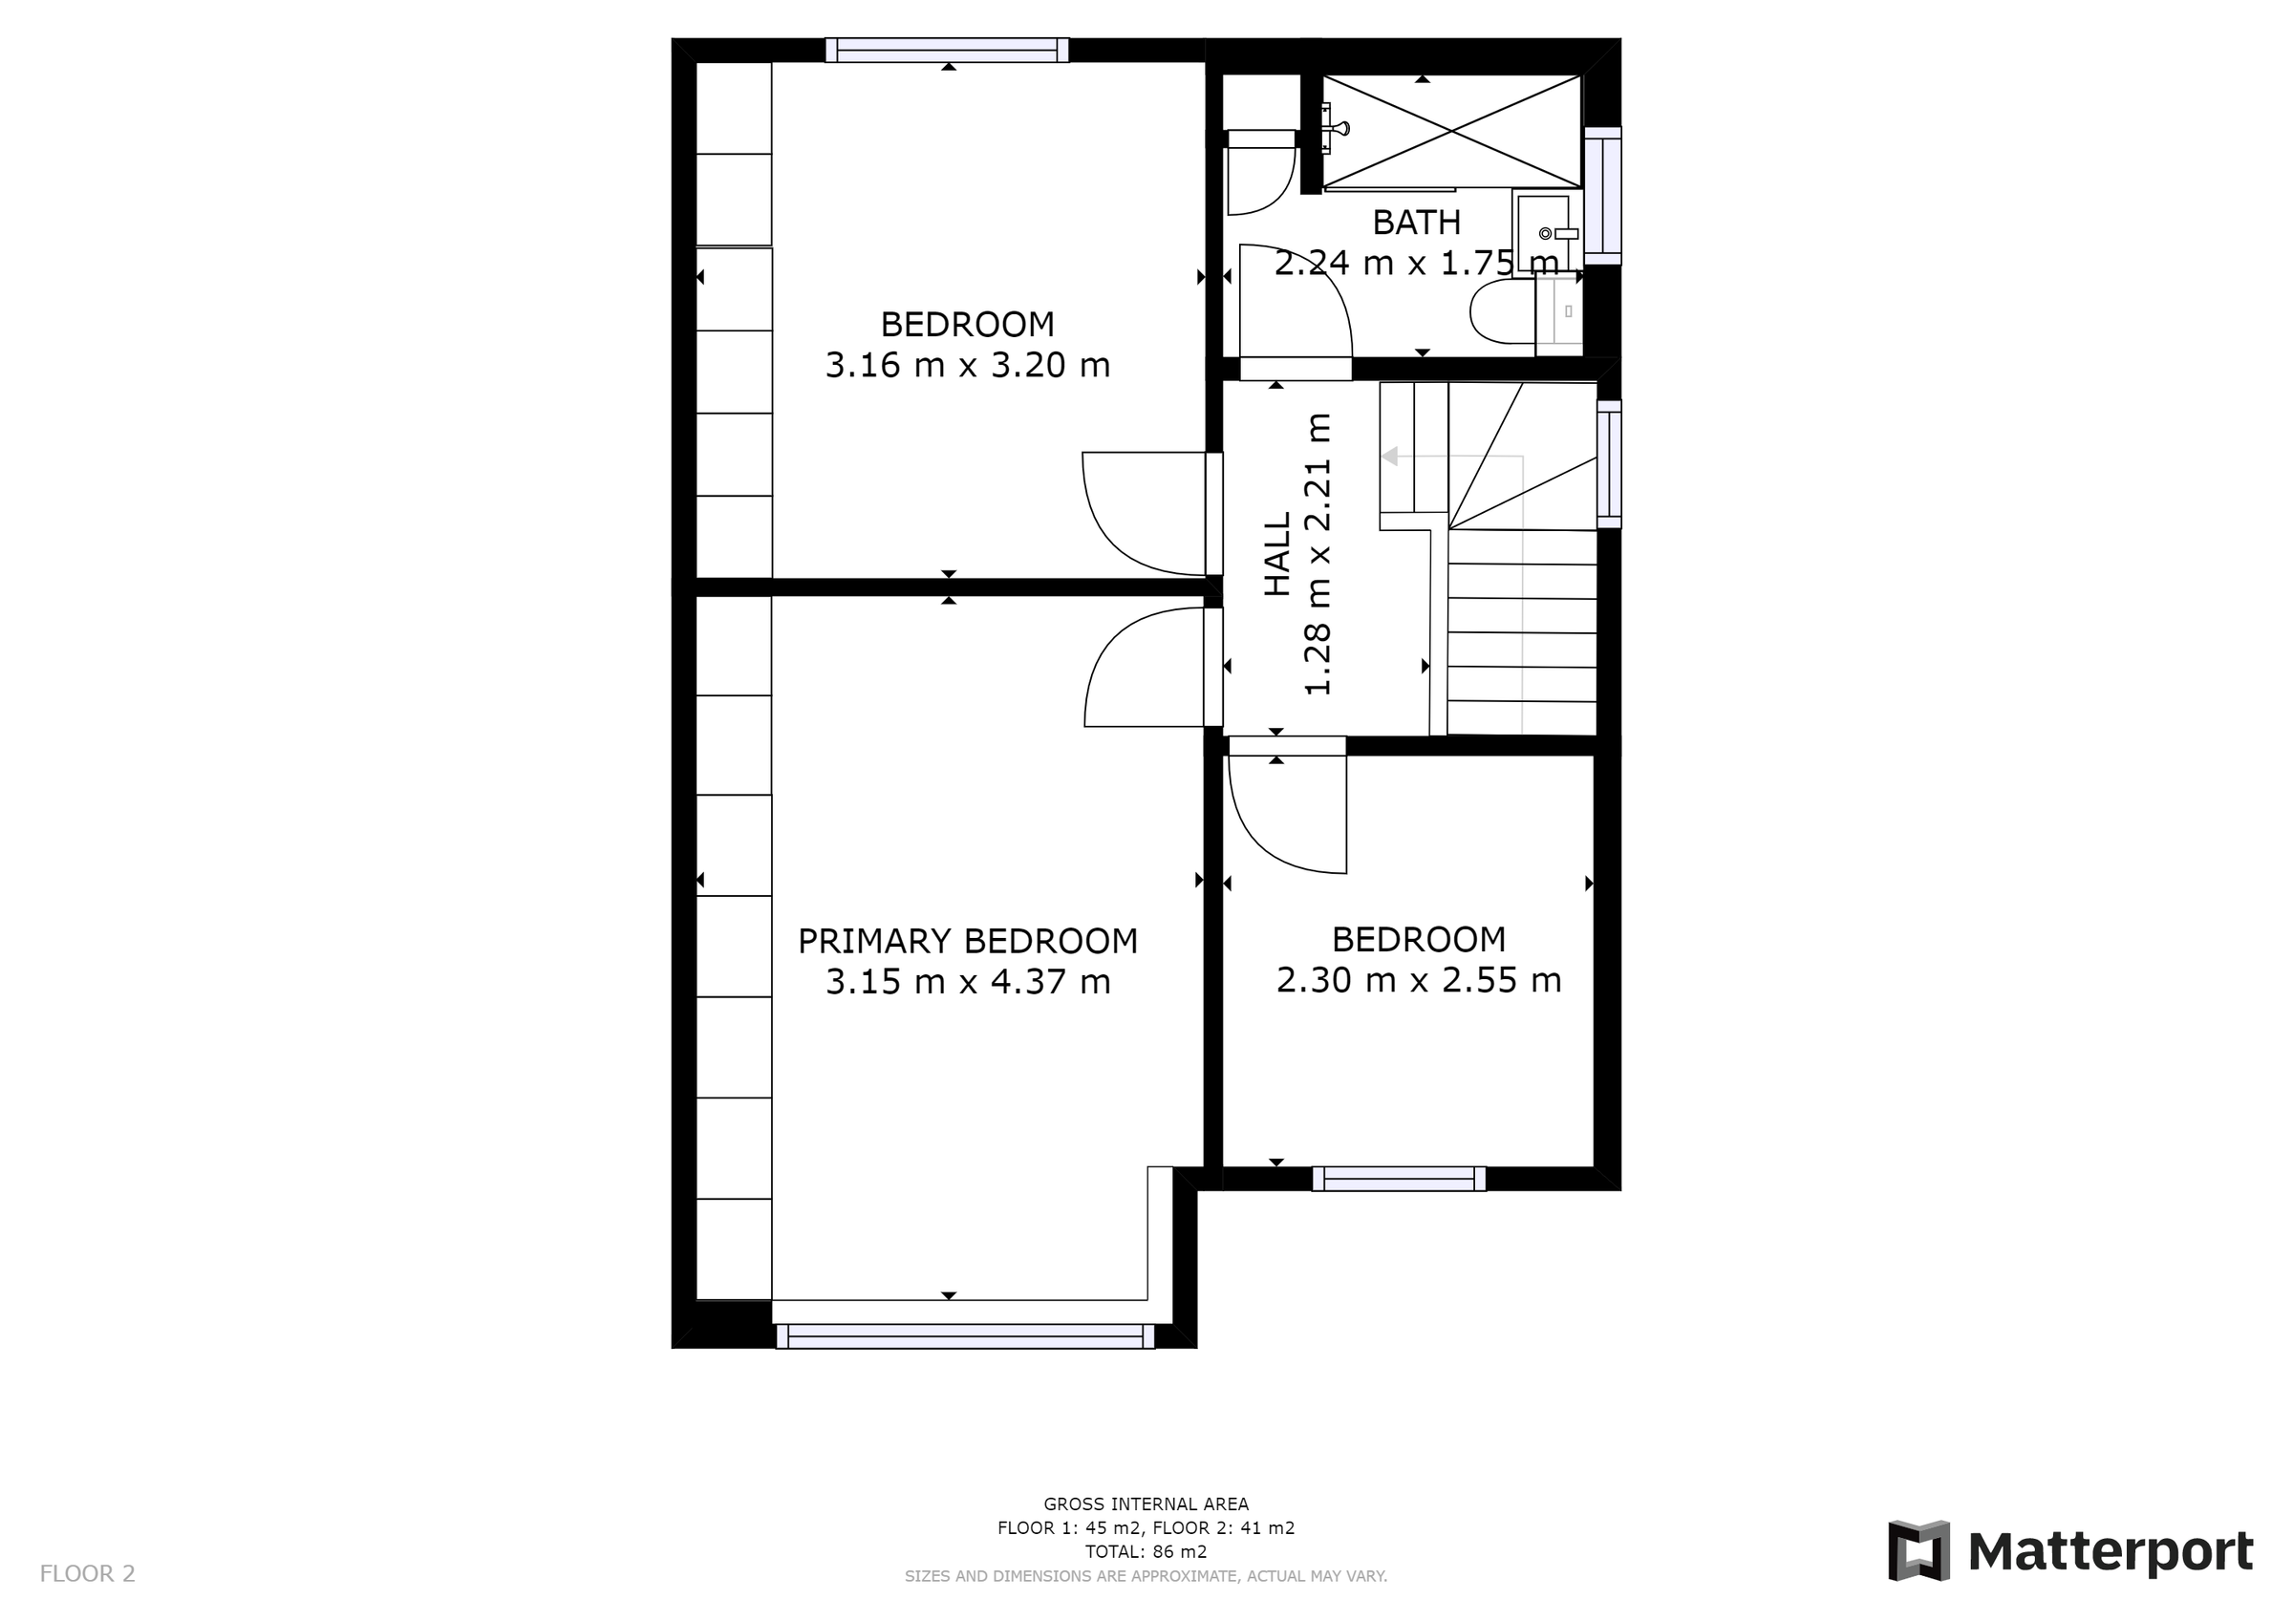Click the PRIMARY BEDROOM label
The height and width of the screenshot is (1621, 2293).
coord(967,941)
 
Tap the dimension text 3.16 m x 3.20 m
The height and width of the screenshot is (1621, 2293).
coord(967,366)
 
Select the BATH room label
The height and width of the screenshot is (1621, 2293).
coord(1415,223)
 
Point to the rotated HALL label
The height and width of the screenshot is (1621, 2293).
coord(1278,554)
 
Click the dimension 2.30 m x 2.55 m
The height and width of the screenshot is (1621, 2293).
coord(1418,980)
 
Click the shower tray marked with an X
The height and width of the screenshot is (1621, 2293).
coord(1451,131)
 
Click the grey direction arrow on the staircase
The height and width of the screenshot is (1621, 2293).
coord(1389,457)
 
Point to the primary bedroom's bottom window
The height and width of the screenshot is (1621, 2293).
coord(965,1336)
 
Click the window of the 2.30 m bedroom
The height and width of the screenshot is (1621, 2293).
coord(1398,1180)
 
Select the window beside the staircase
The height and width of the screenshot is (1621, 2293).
coord(1609,463)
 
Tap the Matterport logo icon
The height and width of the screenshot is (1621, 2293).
coord(1918,1551)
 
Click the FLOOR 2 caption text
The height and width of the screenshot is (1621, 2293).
coord(87,1574)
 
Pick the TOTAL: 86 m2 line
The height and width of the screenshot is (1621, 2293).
coord(1146,1552)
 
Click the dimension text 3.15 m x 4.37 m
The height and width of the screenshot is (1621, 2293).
coord(967,983)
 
